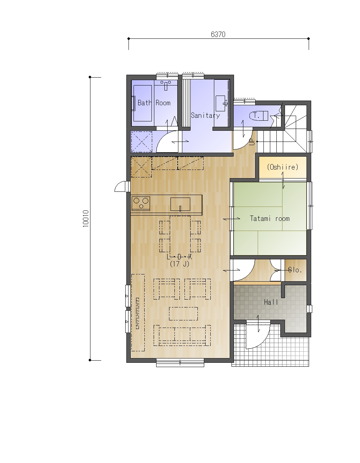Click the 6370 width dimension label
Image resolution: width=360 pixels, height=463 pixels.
(x=218, y=34)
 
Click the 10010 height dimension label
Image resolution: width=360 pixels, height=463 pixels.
(x=85, y=219)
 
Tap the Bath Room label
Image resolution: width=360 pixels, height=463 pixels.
(x=154, y=103)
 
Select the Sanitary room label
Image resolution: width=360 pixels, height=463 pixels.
(x=205, y=116)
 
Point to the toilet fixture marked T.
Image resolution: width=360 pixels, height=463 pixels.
(x=258, y=116)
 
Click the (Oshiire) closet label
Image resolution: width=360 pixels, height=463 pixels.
(x=282, y=167)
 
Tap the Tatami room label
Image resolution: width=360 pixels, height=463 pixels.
(x=270, y=218)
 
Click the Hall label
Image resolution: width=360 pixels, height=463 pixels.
(x=271, y=302)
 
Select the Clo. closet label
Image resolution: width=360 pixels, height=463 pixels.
(x=295, y=270)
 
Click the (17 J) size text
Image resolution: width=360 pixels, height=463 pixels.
(x=179, y=264)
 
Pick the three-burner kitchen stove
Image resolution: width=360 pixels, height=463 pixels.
(x=141, y=203)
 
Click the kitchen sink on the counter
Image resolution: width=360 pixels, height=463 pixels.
(x=180, y=204)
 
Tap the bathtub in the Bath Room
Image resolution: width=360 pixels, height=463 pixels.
(x=142, y=103)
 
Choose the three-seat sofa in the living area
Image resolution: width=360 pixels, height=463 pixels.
(x=182, y=335)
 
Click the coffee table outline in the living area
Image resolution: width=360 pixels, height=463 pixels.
(x=183, y=314)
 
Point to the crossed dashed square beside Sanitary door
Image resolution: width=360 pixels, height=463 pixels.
(x=141, y=142)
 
